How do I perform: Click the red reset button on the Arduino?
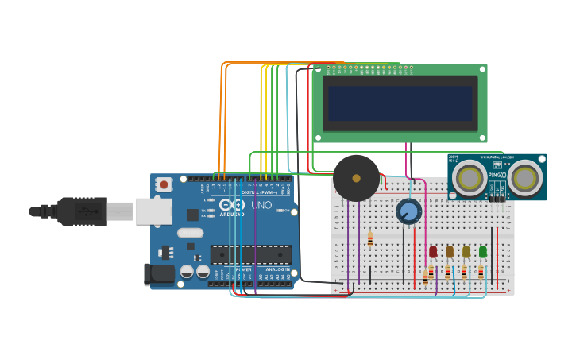tap(164, 184)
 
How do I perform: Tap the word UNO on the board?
tap(261, 205)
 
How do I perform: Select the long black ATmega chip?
tap(250, 255)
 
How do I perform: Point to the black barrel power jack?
tap(159, 274)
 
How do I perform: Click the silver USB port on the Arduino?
tap(153, 211)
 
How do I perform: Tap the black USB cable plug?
tap(83, 211)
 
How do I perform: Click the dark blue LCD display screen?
tap(400, 103)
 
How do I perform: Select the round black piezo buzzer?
tap(356, 178)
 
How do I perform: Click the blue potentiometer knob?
tap(408, 211)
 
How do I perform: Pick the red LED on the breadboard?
tap(433, 252)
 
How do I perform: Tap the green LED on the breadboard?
tap(483, 252)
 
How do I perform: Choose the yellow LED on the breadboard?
tap(466, 252)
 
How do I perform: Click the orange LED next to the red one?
tap(450, 252)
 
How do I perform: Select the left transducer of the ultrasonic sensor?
tap(470, 179)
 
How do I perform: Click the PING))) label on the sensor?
tap(496, 175)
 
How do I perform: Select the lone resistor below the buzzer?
tap(369, 239)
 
